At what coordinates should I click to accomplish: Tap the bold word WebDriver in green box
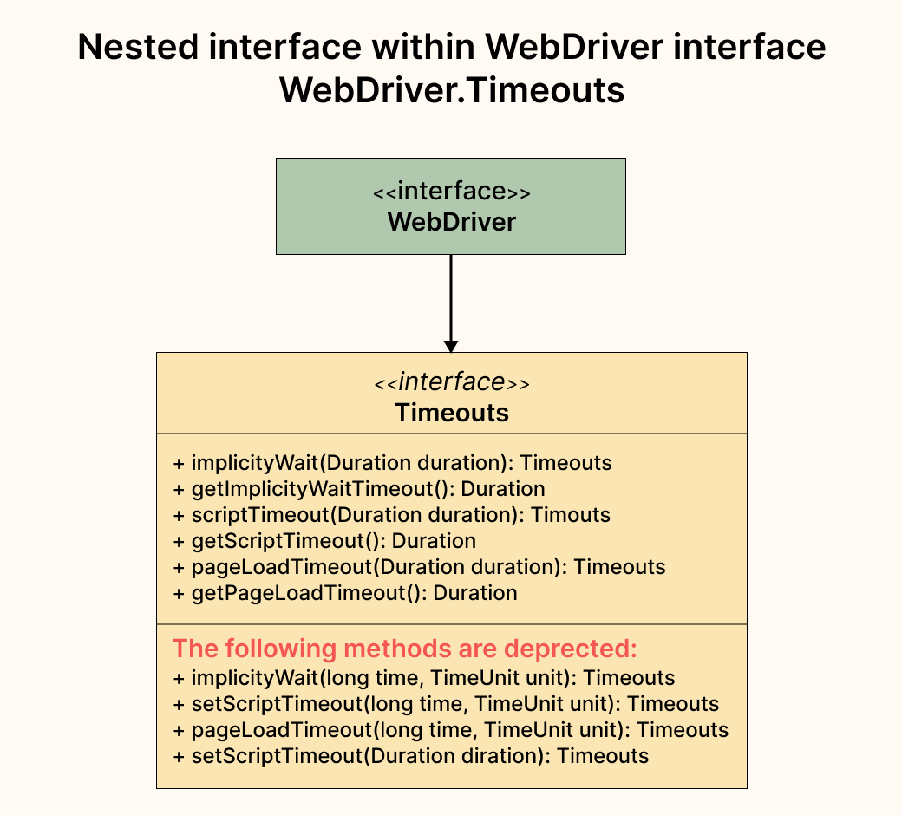click(x=451, y=222)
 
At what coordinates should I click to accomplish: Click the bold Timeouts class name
click(x=451, y=412)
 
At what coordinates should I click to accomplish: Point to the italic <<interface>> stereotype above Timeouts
click(x=451, y=382)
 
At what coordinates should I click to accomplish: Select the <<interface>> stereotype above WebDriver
click(x=451, y=192)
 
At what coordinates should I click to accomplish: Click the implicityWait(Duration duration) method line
click(x=392, y=463)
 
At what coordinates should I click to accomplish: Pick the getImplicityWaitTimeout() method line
click(x=359, y=489)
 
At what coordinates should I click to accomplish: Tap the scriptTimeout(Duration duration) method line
click(x=391, y=515)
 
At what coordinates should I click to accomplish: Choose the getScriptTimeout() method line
click(x=324, y=541)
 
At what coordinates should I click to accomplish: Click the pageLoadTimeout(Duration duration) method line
click(x=419, y=567)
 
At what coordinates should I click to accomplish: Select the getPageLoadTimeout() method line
click(x=345, y=593)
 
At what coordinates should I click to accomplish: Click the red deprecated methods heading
click(x=404, y=649)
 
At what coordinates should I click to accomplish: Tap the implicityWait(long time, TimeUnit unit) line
click(x=423, y=678)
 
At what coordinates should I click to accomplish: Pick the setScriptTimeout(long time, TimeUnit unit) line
click(x=446, y=704)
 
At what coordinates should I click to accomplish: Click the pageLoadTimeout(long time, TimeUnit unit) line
click(x=450, y=730)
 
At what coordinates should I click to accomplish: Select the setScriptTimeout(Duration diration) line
click(x=410, y=756)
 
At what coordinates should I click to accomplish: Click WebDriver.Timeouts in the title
click(x=451, y=89)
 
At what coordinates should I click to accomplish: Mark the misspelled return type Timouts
click(x=571, y=515)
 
